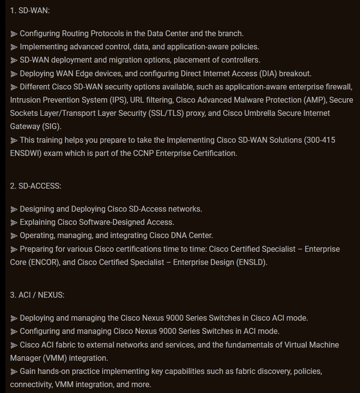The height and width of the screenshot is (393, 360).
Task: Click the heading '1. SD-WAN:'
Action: click(30, 10)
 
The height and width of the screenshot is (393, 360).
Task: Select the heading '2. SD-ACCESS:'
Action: click(36, 186)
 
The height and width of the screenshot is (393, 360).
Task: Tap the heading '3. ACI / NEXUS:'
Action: click(37, 295)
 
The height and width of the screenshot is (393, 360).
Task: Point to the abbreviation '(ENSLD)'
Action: click(251, 262)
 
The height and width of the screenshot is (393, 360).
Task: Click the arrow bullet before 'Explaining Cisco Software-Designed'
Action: click(14, 222)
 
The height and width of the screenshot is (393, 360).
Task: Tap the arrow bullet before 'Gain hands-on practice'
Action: click(14, 371)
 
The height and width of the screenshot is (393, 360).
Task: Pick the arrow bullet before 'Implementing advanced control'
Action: click(14, 47)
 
